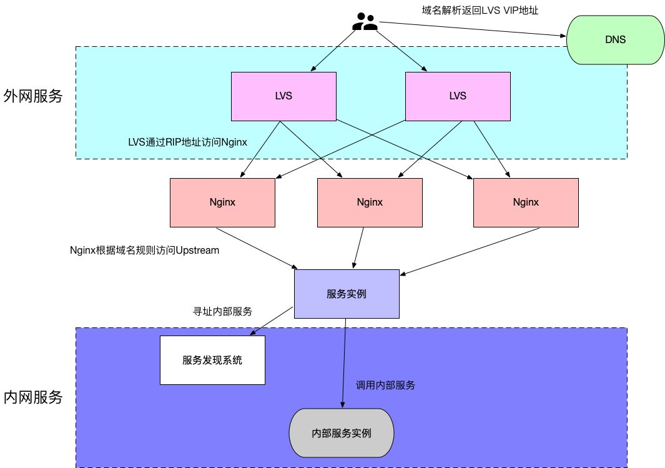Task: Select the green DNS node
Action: [614, 40]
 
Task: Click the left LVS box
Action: [283, 96]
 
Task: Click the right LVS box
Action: [458, 96]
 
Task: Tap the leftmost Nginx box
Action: [222, 202]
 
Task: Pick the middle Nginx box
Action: [370, 202]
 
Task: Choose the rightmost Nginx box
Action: [526, 202]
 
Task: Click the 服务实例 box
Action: [346, 294]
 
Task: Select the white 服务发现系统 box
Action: [212, 360]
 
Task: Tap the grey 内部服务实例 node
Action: [342, 432]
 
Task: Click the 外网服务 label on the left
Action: [33, 96]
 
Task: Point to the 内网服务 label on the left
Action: [33, 397]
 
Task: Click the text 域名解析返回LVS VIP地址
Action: [480, 10]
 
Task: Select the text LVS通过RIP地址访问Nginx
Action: [187, 142]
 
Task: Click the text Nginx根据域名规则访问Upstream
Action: [145, 250]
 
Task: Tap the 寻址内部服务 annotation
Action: [222, 311]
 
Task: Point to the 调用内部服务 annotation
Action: [385, 385]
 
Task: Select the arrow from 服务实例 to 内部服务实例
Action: [343, 362]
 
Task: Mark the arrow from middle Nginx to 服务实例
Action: [359, 247]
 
